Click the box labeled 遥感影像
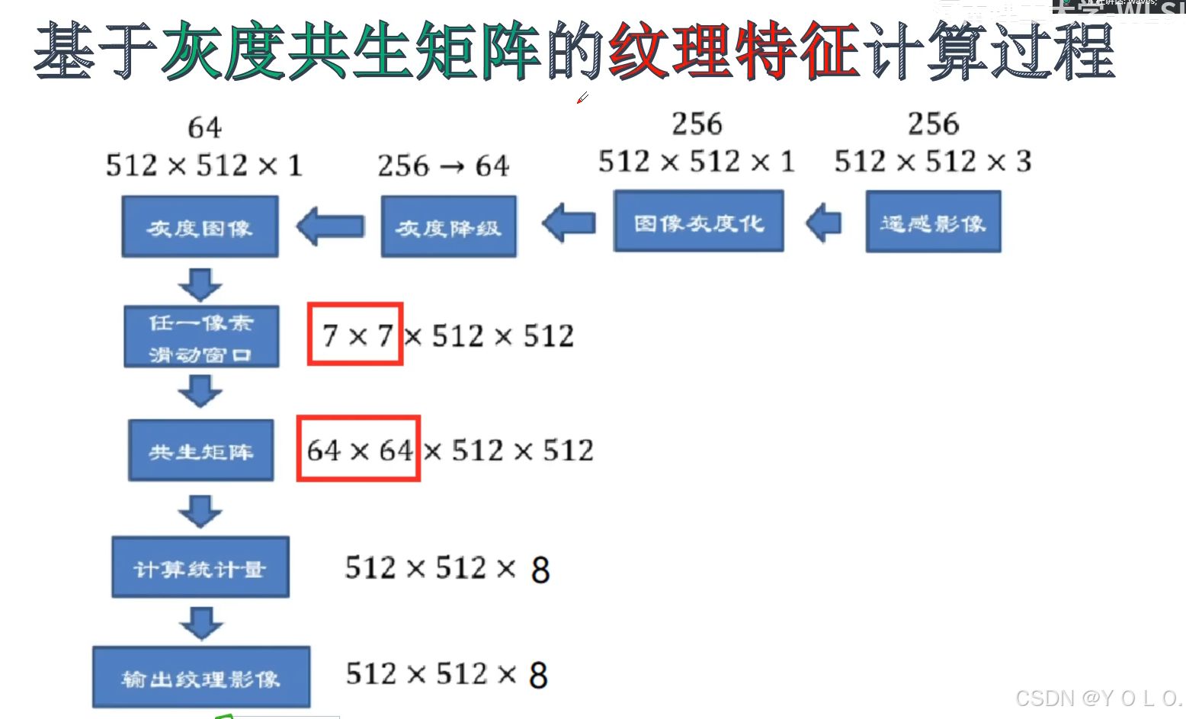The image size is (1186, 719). (x=933, y=222)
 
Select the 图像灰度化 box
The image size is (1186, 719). (x=698, y=221)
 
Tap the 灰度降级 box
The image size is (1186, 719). (x=448, y=226)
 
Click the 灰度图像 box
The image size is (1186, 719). (x=200, y=226)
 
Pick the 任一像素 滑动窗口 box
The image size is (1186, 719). (x=201, y=336)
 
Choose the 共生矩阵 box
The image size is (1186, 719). (x=200, y=450)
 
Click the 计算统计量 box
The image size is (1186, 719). (x=200, y=567)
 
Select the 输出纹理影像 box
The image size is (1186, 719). (x=201, y=677)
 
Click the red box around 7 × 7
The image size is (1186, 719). (x=355, y=334)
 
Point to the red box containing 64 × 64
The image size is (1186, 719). (x=358, y=448)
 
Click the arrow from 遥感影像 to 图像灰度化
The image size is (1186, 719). (x=823, y=223)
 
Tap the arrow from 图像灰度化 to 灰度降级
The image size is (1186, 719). (x=569, y=223)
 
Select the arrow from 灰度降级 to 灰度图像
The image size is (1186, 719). (x=330, y=226)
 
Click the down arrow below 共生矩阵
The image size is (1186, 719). (x=200, y=510)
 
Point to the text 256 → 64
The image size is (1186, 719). (x=443, y=165)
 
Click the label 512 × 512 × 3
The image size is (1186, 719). (x=932, y=162)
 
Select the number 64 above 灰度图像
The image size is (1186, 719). (x=204, y=127)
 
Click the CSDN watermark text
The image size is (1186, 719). (x=1098, y=698)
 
